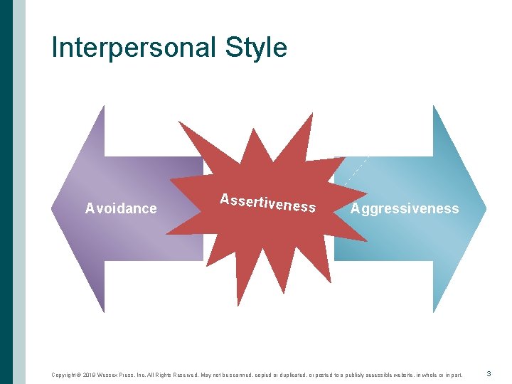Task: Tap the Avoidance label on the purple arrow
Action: pos(121,208)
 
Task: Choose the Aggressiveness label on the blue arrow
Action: pos(405,208)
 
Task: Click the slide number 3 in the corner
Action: pos(489,373)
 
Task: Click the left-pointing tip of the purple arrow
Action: pos(53,208)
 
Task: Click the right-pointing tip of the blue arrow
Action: pos(485,208)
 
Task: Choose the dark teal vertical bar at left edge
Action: pos(6,192)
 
